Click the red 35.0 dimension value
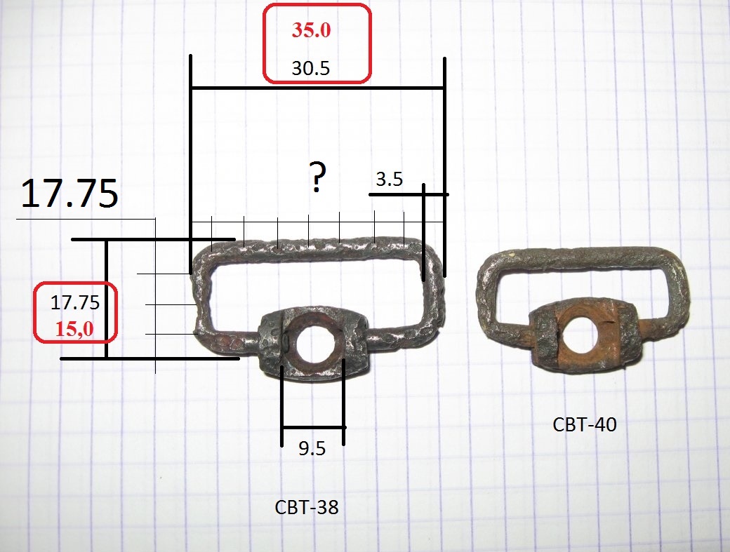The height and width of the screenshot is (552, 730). tap(312, 29)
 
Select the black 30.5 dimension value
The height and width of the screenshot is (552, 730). tap(310, 68)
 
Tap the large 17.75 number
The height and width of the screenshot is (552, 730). tap(69, 193)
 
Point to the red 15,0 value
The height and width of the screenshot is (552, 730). tap(74, 329)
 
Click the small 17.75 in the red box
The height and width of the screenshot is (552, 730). tap(75, 302)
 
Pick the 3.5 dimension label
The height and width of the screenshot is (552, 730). tap(389, 179)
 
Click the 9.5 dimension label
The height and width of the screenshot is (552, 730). tap(312, 448)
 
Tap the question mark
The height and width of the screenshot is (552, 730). tap(317, 177)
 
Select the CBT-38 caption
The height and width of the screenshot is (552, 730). tap(307, 507)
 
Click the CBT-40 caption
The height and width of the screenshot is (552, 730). tap(585, 424)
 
